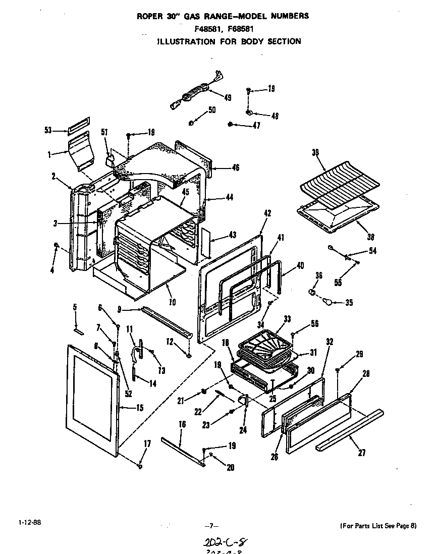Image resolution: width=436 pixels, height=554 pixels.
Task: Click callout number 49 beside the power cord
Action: [228, 98]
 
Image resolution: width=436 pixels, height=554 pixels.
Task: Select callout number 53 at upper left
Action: [48, 130]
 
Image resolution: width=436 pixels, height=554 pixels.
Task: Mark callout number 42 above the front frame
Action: [267, 213]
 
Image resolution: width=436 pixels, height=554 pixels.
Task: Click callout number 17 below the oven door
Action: [147, 444]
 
